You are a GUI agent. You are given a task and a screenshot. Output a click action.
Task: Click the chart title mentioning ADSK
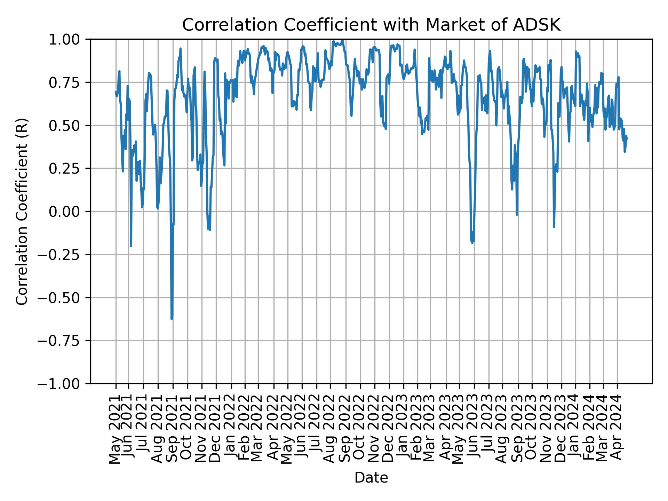click(371, 25)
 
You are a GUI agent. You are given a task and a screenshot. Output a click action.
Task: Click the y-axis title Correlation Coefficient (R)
click(22, 211)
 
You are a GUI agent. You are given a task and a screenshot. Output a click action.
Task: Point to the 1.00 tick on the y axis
click(69, 39)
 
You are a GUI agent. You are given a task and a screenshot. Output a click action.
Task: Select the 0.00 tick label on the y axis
click(69, 212)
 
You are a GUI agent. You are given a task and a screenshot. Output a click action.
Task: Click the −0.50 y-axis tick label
click(64, 297)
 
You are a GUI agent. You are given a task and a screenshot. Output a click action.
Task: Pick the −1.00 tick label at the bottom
click(64, 384)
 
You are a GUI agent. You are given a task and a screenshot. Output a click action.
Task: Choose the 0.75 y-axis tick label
click(69, 82)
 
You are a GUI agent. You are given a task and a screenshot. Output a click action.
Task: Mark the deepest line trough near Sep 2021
click(172, 318)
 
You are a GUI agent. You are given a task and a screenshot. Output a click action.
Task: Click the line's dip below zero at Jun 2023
click(472, 242)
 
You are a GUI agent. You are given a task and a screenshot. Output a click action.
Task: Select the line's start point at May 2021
click(116, 92)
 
